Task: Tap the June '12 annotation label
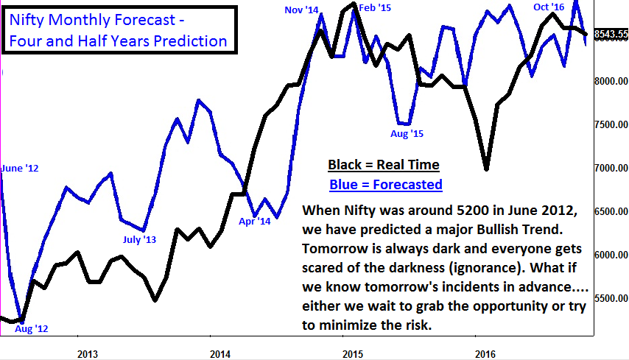(x=20, y=169)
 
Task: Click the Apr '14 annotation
(x=255, y=220)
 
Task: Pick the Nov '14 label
(x=301, y=10)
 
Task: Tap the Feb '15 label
(x=375, y=8)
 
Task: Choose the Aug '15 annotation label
(x=407, y=134)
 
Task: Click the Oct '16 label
(x=549, y=7)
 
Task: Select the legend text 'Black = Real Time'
(x=383, y=164)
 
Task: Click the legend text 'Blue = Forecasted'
(x=385, y=184)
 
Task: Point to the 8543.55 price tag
(x=611, y=34)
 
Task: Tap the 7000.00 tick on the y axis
(x=611, y=169)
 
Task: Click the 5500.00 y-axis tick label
(x=611, y=299)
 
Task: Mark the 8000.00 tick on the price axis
(x=611, y=82)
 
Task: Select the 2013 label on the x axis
(x=88, y=352)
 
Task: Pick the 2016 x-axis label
(x=485, y=352)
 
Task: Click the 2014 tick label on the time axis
(x=220, y=352)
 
